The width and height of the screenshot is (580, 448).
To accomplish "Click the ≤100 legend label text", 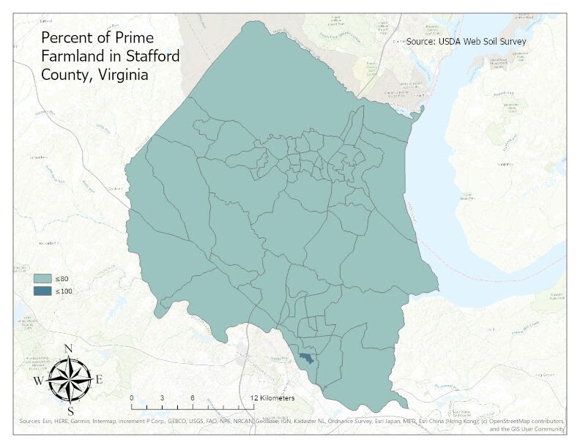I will click(x=64, y=291).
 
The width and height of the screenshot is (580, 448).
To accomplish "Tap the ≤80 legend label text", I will click(x=62, y=279).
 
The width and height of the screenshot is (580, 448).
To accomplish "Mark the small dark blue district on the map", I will click(x=306, y=357).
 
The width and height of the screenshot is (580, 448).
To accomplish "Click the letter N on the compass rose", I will click(x=68, y=348).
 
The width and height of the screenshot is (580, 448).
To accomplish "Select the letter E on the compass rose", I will click(x=99, y=379).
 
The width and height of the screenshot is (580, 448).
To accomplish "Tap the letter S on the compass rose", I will click(x=70, y=411).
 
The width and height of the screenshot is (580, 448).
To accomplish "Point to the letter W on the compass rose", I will click(x=37, y=381).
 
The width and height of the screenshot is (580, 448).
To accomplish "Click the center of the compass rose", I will click(x=69, y=379).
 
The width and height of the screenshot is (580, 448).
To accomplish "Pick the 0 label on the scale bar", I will click(x=132, y=397).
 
